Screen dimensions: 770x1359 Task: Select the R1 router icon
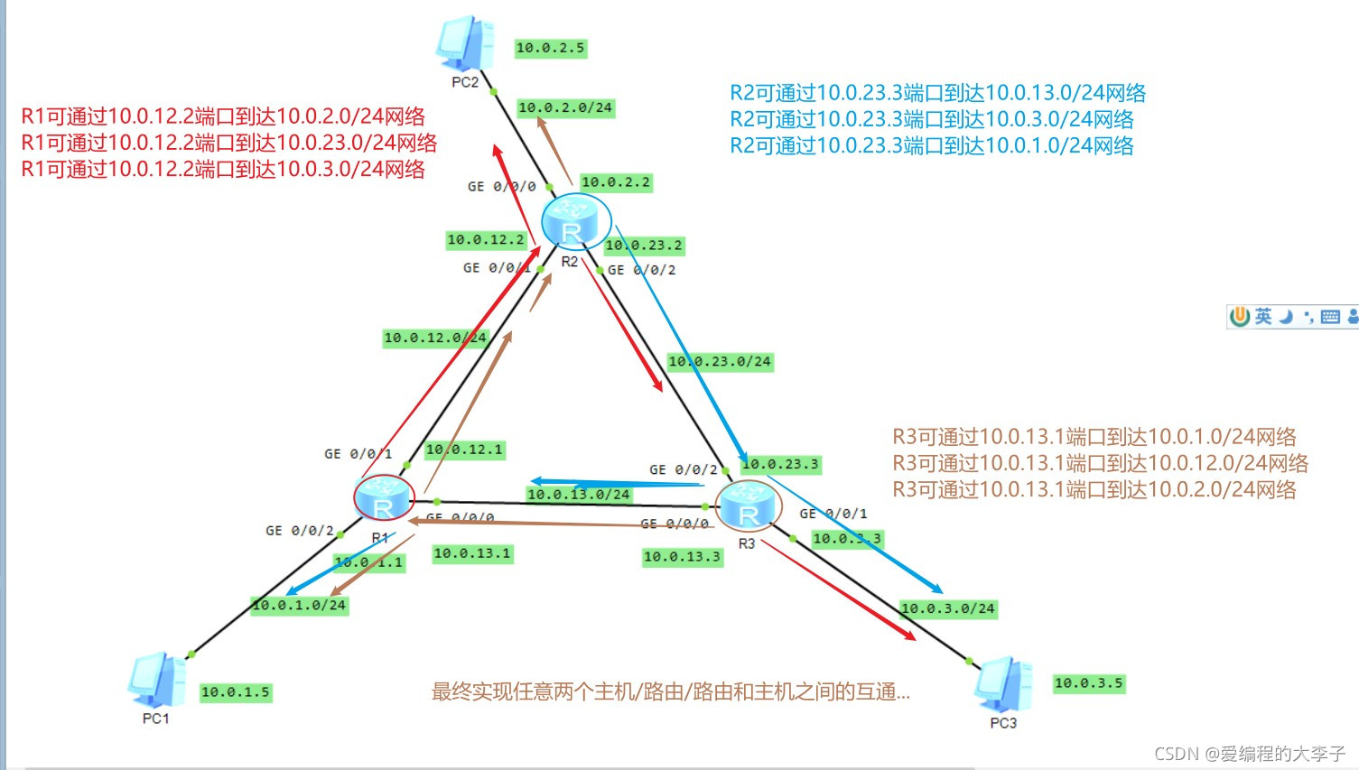point(384,498)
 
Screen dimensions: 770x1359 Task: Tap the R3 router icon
point(748,505)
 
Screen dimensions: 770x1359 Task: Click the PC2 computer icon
point(465,43)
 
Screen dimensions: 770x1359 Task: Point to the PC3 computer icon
point(1002,685)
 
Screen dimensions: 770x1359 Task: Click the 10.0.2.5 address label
point(550,48)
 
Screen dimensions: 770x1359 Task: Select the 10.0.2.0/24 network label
point(565,107)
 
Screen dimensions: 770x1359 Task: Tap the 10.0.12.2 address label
point(486,240)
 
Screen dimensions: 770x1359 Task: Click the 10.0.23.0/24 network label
point(720,361)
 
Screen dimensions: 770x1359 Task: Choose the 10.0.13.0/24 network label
point(579,494)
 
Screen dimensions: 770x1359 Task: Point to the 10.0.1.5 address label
point(235,692)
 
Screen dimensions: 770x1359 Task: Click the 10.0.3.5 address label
point(1088,683)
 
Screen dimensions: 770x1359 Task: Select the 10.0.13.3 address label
point(682,557)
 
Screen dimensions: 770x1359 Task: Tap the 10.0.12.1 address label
point(464,450)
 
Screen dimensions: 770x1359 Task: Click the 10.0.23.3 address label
point(780,464)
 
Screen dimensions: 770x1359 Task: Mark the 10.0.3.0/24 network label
point(947,608)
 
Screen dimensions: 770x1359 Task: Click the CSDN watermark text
point(1250,754)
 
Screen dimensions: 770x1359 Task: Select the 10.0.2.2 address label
point(615,182)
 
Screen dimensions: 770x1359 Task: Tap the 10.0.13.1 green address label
point(472,553)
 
